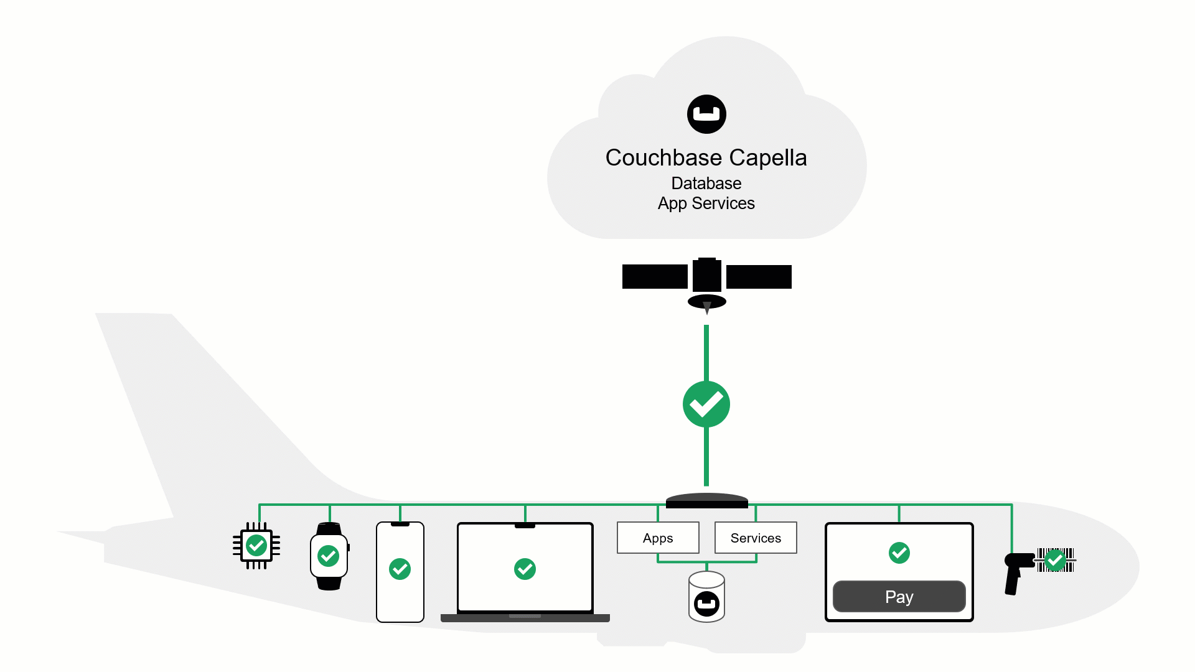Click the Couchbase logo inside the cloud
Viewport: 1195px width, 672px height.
[706, 114]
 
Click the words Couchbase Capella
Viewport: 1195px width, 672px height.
[706, 158]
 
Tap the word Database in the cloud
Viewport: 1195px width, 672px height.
[706, 184]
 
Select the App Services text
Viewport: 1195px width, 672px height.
[706, 203]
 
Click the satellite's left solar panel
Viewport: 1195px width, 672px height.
[654, 277]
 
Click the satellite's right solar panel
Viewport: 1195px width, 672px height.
[759, 277]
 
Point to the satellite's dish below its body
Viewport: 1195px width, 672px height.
[706, 302]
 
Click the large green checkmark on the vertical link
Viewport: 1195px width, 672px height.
[706, 404]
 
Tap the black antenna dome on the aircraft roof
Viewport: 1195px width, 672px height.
[706, 500]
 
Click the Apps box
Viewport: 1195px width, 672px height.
[658, 538]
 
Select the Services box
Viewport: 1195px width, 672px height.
[756, 538]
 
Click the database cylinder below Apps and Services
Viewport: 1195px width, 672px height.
[706, 597]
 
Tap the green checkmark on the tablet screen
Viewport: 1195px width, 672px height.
[899, 553]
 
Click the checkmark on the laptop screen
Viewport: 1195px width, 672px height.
[525, 569]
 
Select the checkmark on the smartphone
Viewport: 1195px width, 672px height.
[400, 569]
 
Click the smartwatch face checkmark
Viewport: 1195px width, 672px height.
[329, 556]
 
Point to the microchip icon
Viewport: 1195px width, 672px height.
[256, 546]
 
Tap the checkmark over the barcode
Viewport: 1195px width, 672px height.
[1055, 560]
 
